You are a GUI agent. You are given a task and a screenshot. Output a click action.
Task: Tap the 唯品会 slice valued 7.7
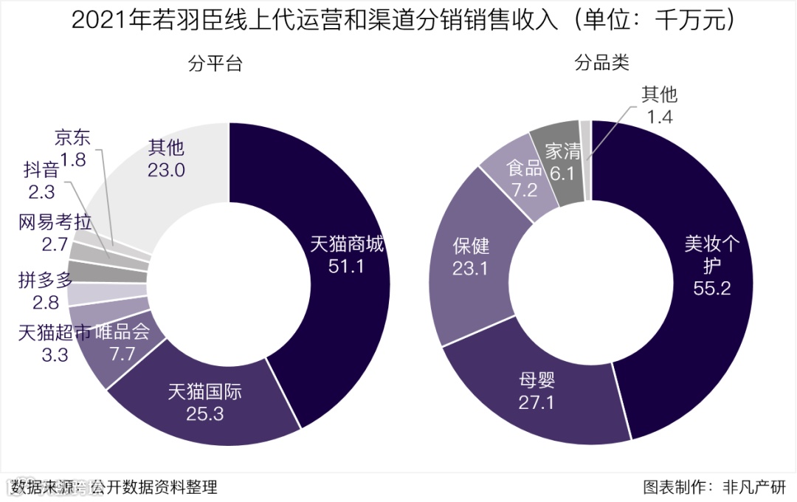pos(123,343)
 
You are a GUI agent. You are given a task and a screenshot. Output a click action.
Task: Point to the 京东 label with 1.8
pos(73,148)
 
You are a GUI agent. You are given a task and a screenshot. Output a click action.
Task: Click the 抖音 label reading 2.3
pos(41,182)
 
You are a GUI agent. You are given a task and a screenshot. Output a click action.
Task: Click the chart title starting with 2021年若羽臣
pos(398,21)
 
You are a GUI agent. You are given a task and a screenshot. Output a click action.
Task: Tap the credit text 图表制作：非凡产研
pos(714,486)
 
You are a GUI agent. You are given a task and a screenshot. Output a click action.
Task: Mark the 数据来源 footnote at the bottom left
pos(114,486)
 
